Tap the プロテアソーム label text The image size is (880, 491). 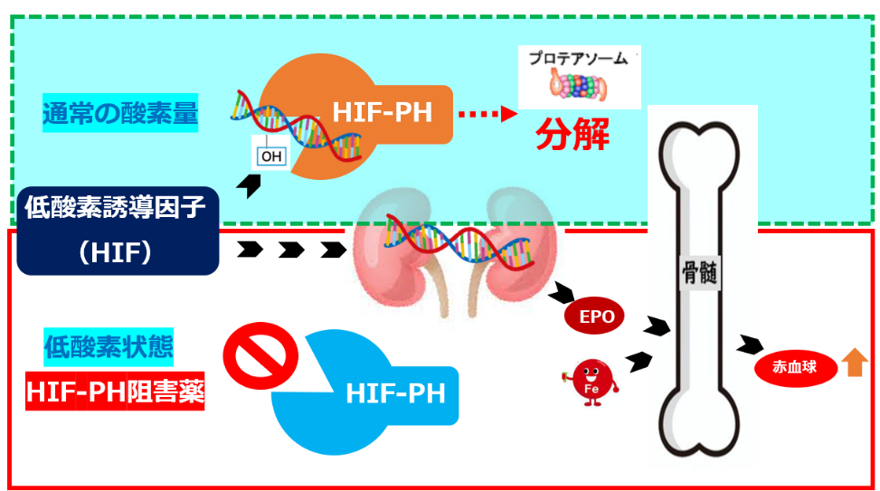pos(581,57)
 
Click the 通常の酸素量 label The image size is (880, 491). pos(120,114)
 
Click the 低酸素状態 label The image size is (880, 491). pos(109,346)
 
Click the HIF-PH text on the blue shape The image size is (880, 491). pos(394,394)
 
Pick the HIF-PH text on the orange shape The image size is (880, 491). pos(381,114)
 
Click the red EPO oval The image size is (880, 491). pos(596,316)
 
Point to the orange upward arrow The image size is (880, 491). pos(854,364)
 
